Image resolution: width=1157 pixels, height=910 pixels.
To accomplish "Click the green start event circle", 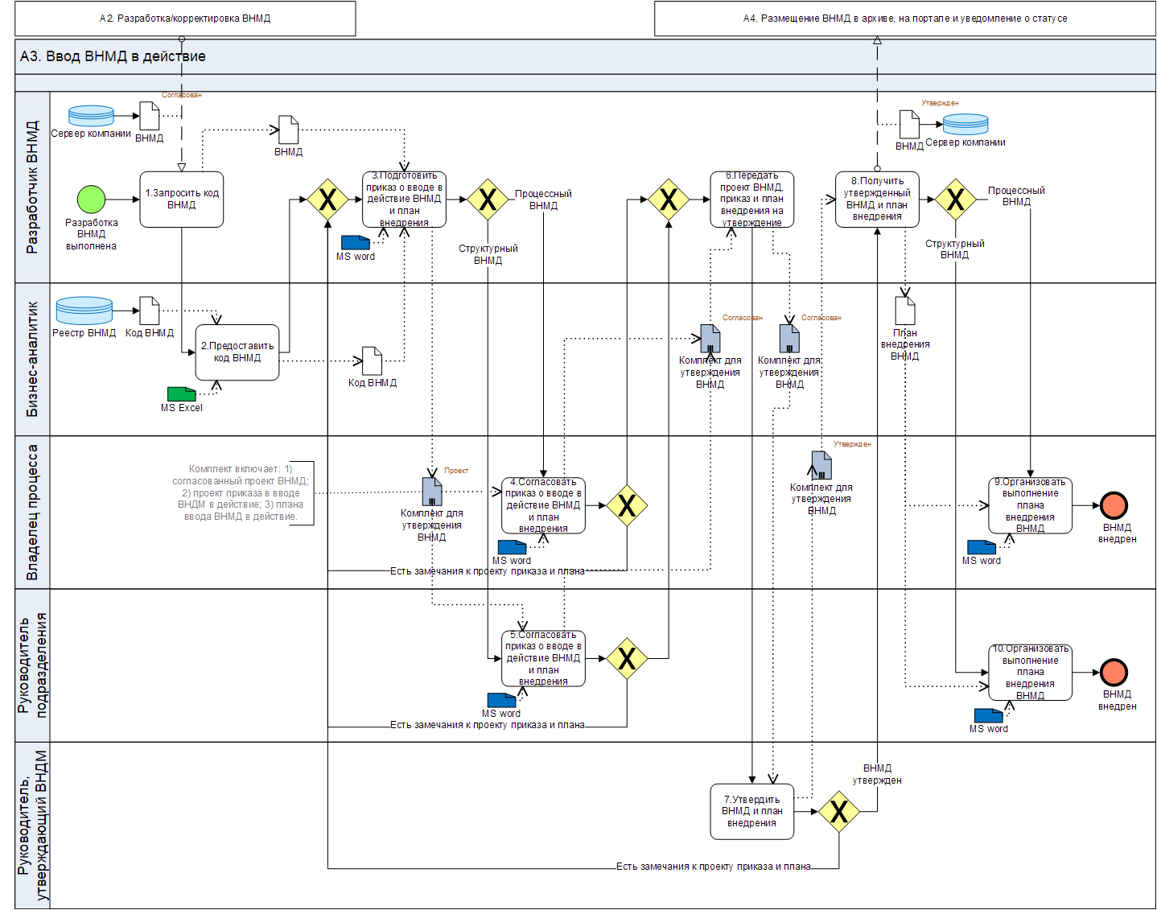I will pos(91,200).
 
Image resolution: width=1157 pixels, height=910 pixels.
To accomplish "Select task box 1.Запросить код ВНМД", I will pos(181,200).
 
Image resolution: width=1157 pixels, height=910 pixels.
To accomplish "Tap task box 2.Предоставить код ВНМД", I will pos(237,352).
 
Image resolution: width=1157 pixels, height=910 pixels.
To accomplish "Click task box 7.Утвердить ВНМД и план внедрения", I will pos(751,811).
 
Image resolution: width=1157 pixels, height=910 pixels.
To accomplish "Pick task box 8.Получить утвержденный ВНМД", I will pos(877,200).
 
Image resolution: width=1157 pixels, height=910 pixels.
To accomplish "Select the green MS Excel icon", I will pos(181,393).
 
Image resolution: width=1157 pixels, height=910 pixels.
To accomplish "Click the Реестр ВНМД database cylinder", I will pos(84,311).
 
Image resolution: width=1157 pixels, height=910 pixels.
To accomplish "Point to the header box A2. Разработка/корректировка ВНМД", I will pos(185,19).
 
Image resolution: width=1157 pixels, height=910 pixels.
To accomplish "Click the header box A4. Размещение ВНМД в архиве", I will pos(904,19).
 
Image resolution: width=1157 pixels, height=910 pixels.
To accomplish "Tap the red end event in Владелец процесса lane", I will pos(1114,505).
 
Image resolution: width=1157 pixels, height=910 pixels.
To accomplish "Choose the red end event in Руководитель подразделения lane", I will pos(1114,672).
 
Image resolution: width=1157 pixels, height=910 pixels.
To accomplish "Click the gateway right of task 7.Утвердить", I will pos(839,811).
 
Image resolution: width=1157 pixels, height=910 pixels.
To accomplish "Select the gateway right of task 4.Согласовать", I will pos(627,505).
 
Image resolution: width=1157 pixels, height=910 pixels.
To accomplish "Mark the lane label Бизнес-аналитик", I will pos(32,359).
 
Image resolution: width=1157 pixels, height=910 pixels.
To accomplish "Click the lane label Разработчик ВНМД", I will pos(32,187).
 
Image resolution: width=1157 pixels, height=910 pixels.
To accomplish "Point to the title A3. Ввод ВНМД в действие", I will pos(113,56).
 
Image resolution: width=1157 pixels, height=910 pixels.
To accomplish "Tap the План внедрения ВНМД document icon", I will pos(905,311).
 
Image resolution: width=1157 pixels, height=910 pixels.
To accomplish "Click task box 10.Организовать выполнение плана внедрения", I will pos(1030,672).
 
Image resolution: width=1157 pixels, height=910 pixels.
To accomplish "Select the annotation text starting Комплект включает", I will pos(241,492).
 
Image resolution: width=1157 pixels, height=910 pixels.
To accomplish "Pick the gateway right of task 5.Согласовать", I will pos(627,658).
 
